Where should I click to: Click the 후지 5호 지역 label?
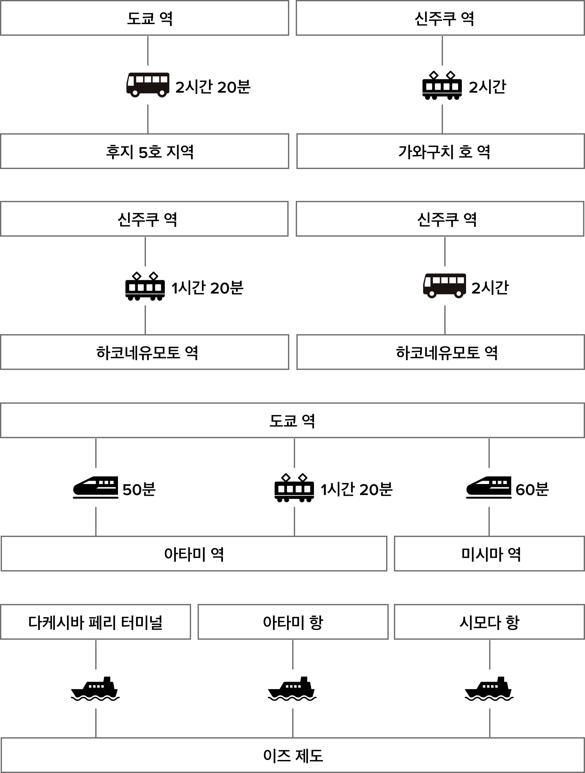point(149,152)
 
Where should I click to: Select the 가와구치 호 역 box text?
point(444,152)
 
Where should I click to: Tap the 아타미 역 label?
point(194,554)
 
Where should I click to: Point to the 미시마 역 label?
point(490,554)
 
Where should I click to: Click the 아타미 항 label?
point(293,622)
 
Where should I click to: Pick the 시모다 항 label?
point(489,622)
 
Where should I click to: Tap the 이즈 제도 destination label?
point(293,755)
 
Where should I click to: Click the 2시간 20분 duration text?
point(213,87)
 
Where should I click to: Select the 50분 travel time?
point(139,489)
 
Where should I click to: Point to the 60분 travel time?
point(532,489)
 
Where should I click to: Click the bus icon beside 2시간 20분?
point(148,85)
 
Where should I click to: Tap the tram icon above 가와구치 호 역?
point(442,85)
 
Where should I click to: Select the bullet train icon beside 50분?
point(96,487)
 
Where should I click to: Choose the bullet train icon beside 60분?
point(488,487)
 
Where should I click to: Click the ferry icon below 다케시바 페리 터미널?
point(96,689)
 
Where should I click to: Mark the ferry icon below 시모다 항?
point(489,689)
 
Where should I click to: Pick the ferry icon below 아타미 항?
point(292,689)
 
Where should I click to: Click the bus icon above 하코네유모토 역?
point(445,286)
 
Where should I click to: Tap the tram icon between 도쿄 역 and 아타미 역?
point(294,487)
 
